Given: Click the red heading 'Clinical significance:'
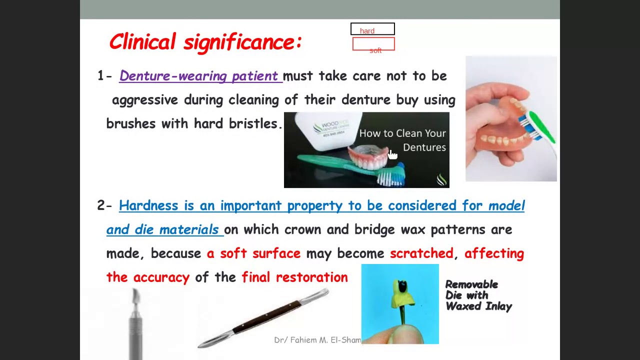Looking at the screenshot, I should point(205,42).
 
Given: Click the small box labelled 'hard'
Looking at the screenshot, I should point(372,30).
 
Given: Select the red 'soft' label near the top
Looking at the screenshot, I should point(375,50).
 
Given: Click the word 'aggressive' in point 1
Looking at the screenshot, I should point(145,100).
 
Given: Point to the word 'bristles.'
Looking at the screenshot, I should point(255,124).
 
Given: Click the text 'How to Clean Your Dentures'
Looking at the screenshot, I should point(402,140).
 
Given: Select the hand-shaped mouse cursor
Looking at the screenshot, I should point(392,154).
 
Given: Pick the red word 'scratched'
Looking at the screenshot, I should point(421,253).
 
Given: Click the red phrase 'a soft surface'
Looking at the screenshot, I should point(253,253).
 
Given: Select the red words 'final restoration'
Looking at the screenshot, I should point(294,277).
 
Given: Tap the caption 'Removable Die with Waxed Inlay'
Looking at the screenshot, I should point(478,295).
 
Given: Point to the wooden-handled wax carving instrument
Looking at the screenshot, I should point(265,317).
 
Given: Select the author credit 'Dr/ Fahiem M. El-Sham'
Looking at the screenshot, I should point(317,340).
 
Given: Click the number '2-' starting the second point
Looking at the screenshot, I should point(104,205).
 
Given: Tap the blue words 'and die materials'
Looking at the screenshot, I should point(162,230).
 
